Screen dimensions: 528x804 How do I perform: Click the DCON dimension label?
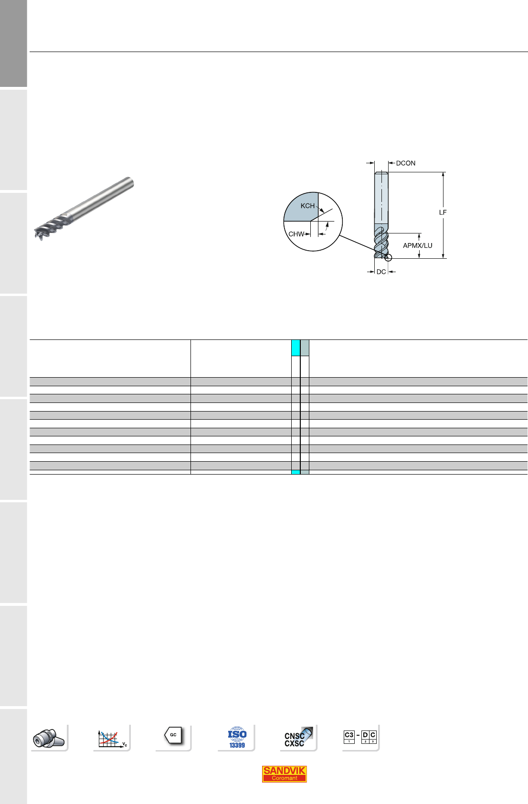click(x=406, y=163)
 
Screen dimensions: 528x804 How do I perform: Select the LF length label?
click(x=443, y=212)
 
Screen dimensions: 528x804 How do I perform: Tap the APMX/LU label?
click(x=417, y=245)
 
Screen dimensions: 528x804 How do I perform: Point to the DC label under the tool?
click(x=381, y=272)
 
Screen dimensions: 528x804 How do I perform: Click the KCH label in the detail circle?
click(x=307, y=206)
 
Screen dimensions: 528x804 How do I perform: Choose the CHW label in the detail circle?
click(x=296, y=234)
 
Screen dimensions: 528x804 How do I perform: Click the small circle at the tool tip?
click(x=388, y=258)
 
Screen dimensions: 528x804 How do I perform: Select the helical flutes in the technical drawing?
click(x=381, y=242)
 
